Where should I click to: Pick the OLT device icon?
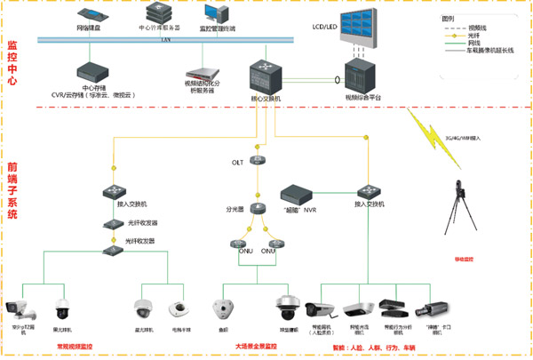coord(259,150)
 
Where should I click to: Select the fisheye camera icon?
coord(223,308)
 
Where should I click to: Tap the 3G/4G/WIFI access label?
coord(463,138)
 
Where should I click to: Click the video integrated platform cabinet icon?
coord(362,76)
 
